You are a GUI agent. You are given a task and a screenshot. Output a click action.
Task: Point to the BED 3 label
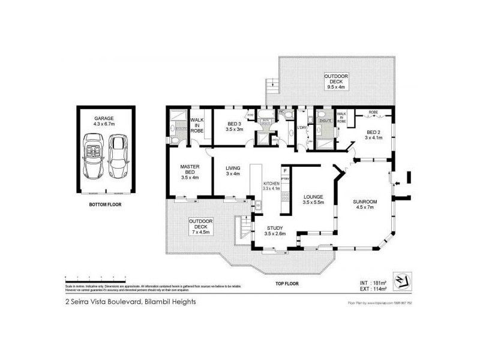[x=233, y=126]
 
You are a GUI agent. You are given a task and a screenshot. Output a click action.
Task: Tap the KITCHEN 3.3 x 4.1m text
[x=272, y=186]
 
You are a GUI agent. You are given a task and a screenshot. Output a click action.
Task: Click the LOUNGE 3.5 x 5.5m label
[x=313, y=199]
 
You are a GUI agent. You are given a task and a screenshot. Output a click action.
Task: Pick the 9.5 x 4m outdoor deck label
[x=336, y=81]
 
